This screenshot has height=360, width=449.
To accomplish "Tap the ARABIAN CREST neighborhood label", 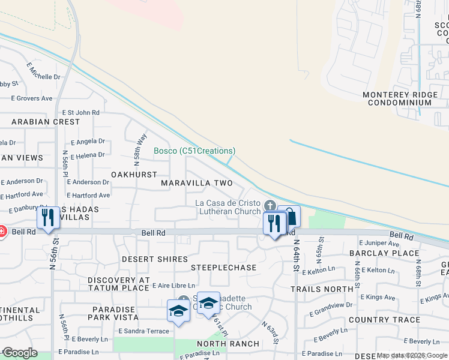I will tap(45, 122).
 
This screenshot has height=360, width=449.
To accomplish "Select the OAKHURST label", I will tap(134, 174).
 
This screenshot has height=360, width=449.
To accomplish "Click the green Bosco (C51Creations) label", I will tap(194, 151).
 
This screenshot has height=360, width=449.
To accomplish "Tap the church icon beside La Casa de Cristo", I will tap(270, 206).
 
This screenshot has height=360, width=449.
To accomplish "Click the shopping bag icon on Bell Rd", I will tap(289, 216).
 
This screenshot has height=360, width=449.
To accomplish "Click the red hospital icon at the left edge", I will tap(2, 231).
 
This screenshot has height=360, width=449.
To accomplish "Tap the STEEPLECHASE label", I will tap(223, 267).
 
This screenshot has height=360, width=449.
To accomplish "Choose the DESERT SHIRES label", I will tap(151, 259).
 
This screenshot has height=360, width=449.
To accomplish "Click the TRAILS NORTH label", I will tap(322, 289).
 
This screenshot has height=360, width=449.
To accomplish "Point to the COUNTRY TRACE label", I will tap(384, 320).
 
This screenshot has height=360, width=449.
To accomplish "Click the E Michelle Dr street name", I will tap(44, 77).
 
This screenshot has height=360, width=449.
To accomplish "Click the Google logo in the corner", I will tap(20, 353).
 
